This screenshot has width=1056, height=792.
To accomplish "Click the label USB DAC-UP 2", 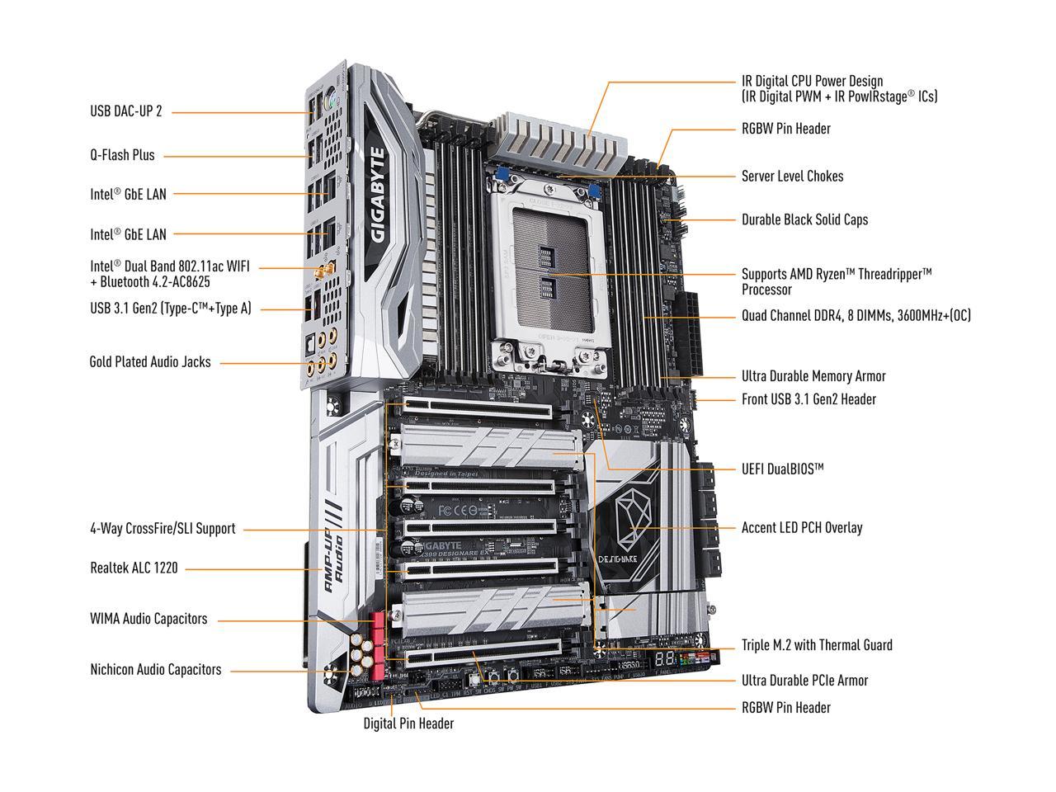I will click(x=125, y=111).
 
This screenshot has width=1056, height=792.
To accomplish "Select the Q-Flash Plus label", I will click(x=122, y=154).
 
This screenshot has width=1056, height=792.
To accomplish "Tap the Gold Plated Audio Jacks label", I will click(x=149, y=361).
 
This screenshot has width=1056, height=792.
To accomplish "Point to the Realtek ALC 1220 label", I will click(x=134, y=568).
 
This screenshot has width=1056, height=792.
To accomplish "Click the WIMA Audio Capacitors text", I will click(x=148, y=619).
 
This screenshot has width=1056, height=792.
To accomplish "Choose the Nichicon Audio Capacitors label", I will click(x=155, y=669).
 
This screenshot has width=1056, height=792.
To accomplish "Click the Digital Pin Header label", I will click(x=408, y=724).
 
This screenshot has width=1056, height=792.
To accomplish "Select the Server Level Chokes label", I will click(x=792, y=176).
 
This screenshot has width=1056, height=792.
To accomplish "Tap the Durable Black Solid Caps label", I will click(x=804, y=219).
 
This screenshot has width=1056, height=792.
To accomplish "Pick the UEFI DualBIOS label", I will click(x=782, y=469).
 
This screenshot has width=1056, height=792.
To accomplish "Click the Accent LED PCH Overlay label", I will click(x=801, y=527).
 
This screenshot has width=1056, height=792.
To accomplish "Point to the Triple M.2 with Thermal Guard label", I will click(x=817, y=644).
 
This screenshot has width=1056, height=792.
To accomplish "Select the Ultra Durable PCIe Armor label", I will click(x=804, y=680).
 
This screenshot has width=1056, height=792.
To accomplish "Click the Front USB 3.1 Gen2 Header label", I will click(x=808, y=398).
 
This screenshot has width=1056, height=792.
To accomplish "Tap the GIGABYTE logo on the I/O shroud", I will click(x=379, y=193).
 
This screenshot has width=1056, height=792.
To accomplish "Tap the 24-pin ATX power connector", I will click(x=688, y=334).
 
